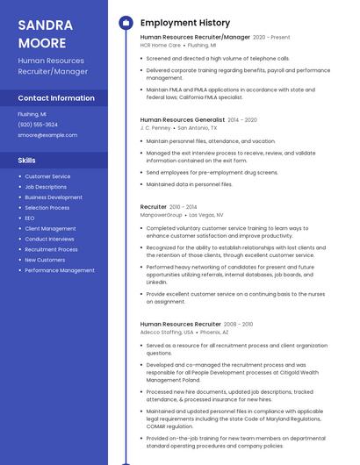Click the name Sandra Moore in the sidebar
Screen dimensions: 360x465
(41, 33)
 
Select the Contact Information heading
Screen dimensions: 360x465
(56, 98)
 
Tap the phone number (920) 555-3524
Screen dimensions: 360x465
(38, 125)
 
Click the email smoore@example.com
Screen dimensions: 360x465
(47, 135)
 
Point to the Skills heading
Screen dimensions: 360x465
(27, 161)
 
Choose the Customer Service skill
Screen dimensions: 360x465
(47, 176)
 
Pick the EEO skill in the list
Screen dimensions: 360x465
(30, 218)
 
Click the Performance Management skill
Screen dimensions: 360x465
(60, 270)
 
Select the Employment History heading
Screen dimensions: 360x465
(185, 23)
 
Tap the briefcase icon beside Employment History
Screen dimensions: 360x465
(126, 23)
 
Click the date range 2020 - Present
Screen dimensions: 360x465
(271, 38)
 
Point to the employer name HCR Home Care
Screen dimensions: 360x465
(160, 45)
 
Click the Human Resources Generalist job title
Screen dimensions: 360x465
(182, 119)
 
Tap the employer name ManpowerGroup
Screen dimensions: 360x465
(162, 214)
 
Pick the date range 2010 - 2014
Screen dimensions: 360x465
(184, 207)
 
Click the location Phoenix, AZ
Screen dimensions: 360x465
(214, 333)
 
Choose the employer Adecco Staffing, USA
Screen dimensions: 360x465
(167, 333)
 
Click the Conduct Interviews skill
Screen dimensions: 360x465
(49, 239)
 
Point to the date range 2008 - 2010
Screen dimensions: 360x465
(240, 325)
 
